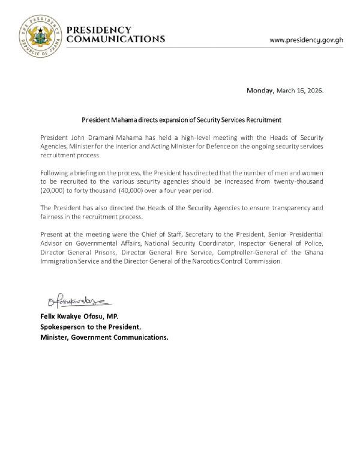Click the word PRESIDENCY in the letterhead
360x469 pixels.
click(99, 30)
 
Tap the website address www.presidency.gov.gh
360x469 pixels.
click(306, 40)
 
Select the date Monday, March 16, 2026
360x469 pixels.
click(285, 91)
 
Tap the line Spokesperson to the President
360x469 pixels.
click(90, 327)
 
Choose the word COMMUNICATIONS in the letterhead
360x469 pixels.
click(116, 39)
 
